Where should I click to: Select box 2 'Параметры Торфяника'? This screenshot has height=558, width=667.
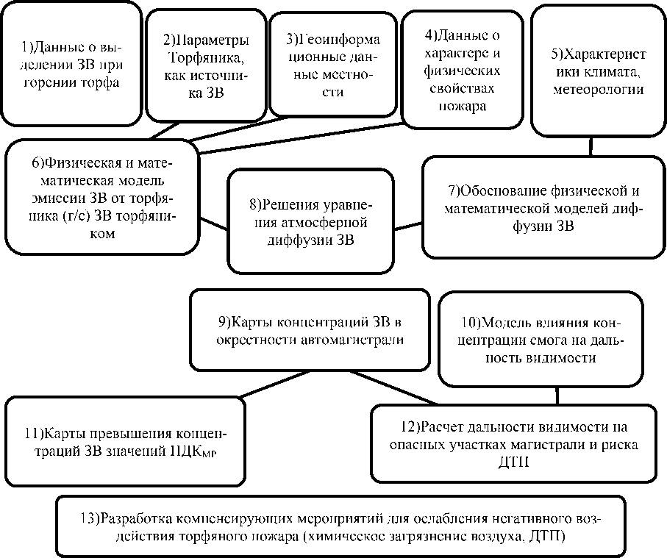click(x=206, y=66)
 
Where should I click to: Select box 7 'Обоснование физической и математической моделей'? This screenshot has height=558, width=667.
click(x=543, y=206)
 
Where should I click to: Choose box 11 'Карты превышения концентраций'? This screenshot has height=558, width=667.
click(x=125, y=440)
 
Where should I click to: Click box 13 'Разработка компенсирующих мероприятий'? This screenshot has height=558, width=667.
click(x=340, y=526)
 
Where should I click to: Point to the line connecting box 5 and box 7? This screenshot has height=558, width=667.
click(x=591, y=146)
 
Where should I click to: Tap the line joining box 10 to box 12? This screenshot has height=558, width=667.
click(x=557, y=396)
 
